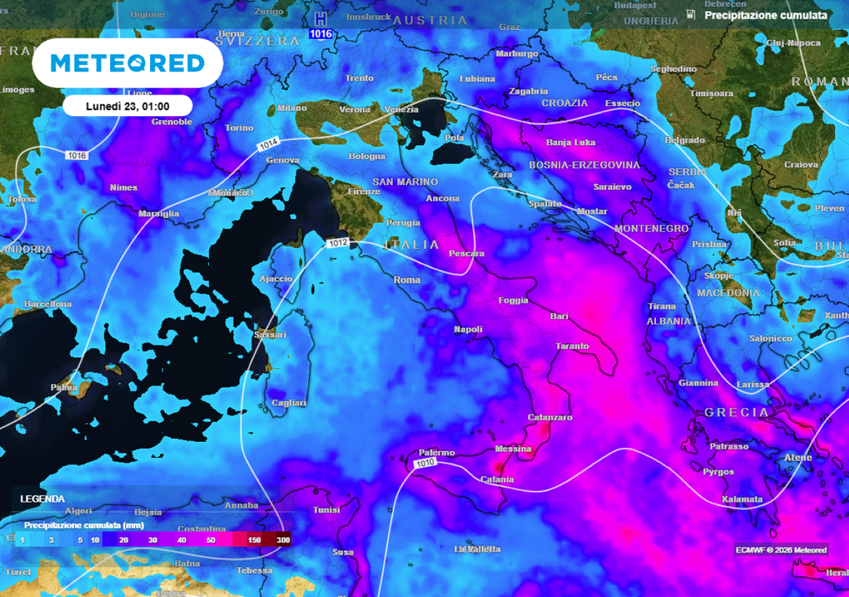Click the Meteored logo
point(127,63)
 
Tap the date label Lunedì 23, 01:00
point(127,106)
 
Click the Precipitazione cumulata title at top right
point(765,15)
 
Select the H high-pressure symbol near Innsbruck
point(320,19)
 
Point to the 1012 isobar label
point(337,243)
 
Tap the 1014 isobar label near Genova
point(267,145)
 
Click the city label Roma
point(407,279)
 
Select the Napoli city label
point(468,329)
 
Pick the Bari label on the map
point(560,316)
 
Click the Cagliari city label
point(289,403)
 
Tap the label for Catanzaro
point(550,417)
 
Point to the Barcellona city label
point(48,304)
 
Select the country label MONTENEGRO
point(652,228)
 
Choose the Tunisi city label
point(326,510)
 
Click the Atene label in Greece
point(798,457)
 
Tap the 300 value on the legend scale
point(284,540)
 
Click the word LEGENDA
point(42,499)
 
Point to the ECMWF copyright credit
point(780,550)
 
